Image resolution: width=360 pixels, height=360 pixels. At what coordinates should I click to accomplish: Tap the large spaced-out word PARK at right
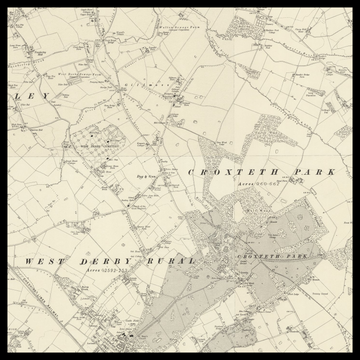pos(315,172)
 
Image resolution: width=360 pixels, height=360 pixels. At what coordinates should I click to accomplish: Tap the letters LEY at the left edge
pos(36,96)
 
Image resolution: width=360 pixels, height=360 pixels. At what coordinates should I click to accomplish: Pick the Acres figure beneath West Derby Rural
pos(108,271)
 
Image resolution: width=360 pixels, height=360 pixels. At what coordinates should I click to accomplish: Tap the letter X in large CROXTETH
pos(224,172)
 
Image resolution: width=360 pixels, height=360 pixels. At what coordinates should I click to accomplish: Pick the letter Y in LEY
pos(45,96)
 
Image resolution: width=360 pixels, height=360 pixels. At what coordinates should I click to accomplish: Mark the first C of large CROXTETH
pos(191,172)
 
